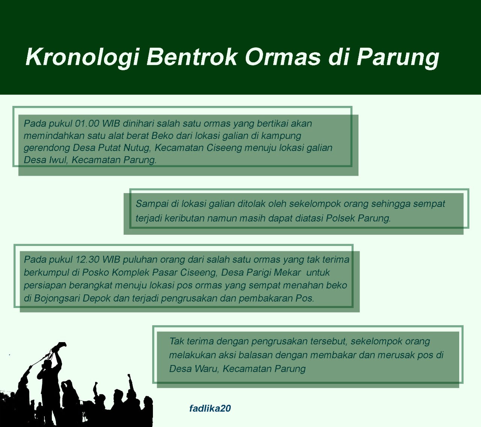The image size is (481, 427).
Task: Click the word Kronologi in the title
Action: pos(82,57)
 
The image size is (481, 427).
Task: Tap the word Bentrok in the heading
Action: pos(192,57)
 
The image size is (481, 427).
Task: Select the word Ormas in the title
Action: pos(283,57)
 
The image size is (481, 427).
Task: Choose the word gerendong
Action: pos(47,148)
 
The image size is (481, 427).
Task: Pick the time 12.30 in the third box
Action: pos(87,260)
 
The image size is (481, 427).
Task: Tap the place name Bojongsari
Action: pos(57,299)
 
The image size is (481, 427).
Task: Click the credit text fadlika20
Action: pos(210,408)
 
